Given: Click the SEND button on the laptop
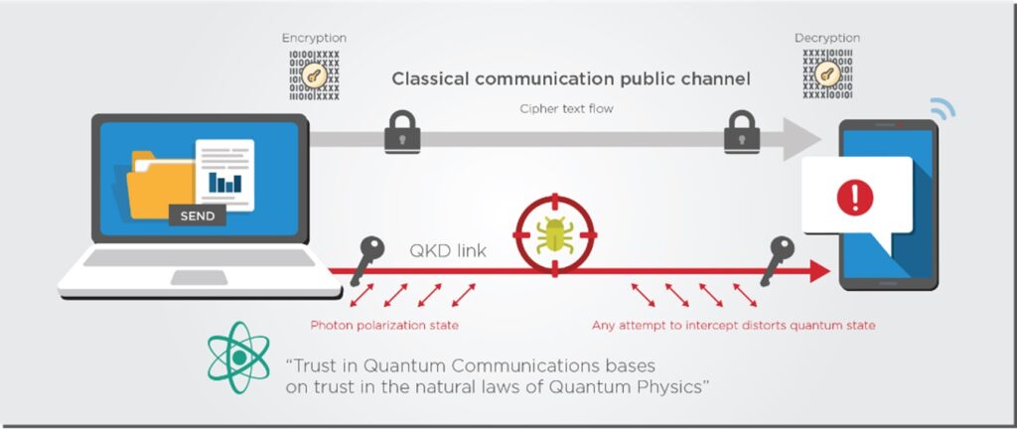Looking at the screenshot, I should tap(198, 214).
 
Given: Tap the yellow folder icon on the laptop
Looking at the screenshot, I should tap(159, 184).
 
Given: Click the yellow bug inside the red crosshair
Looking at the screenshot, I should tap(551, 235).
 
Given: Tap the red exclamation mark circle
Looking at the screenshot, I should tap(853, 198).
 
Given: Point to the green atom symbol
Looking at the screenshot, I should tap(238, 357).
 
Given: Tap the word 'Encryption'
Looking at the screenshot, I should tap(313, 37).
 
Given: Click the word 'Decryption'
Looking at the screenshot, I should tap(826, 37).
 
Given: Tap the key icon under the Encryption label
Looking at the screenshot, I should tap(312, 73).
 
